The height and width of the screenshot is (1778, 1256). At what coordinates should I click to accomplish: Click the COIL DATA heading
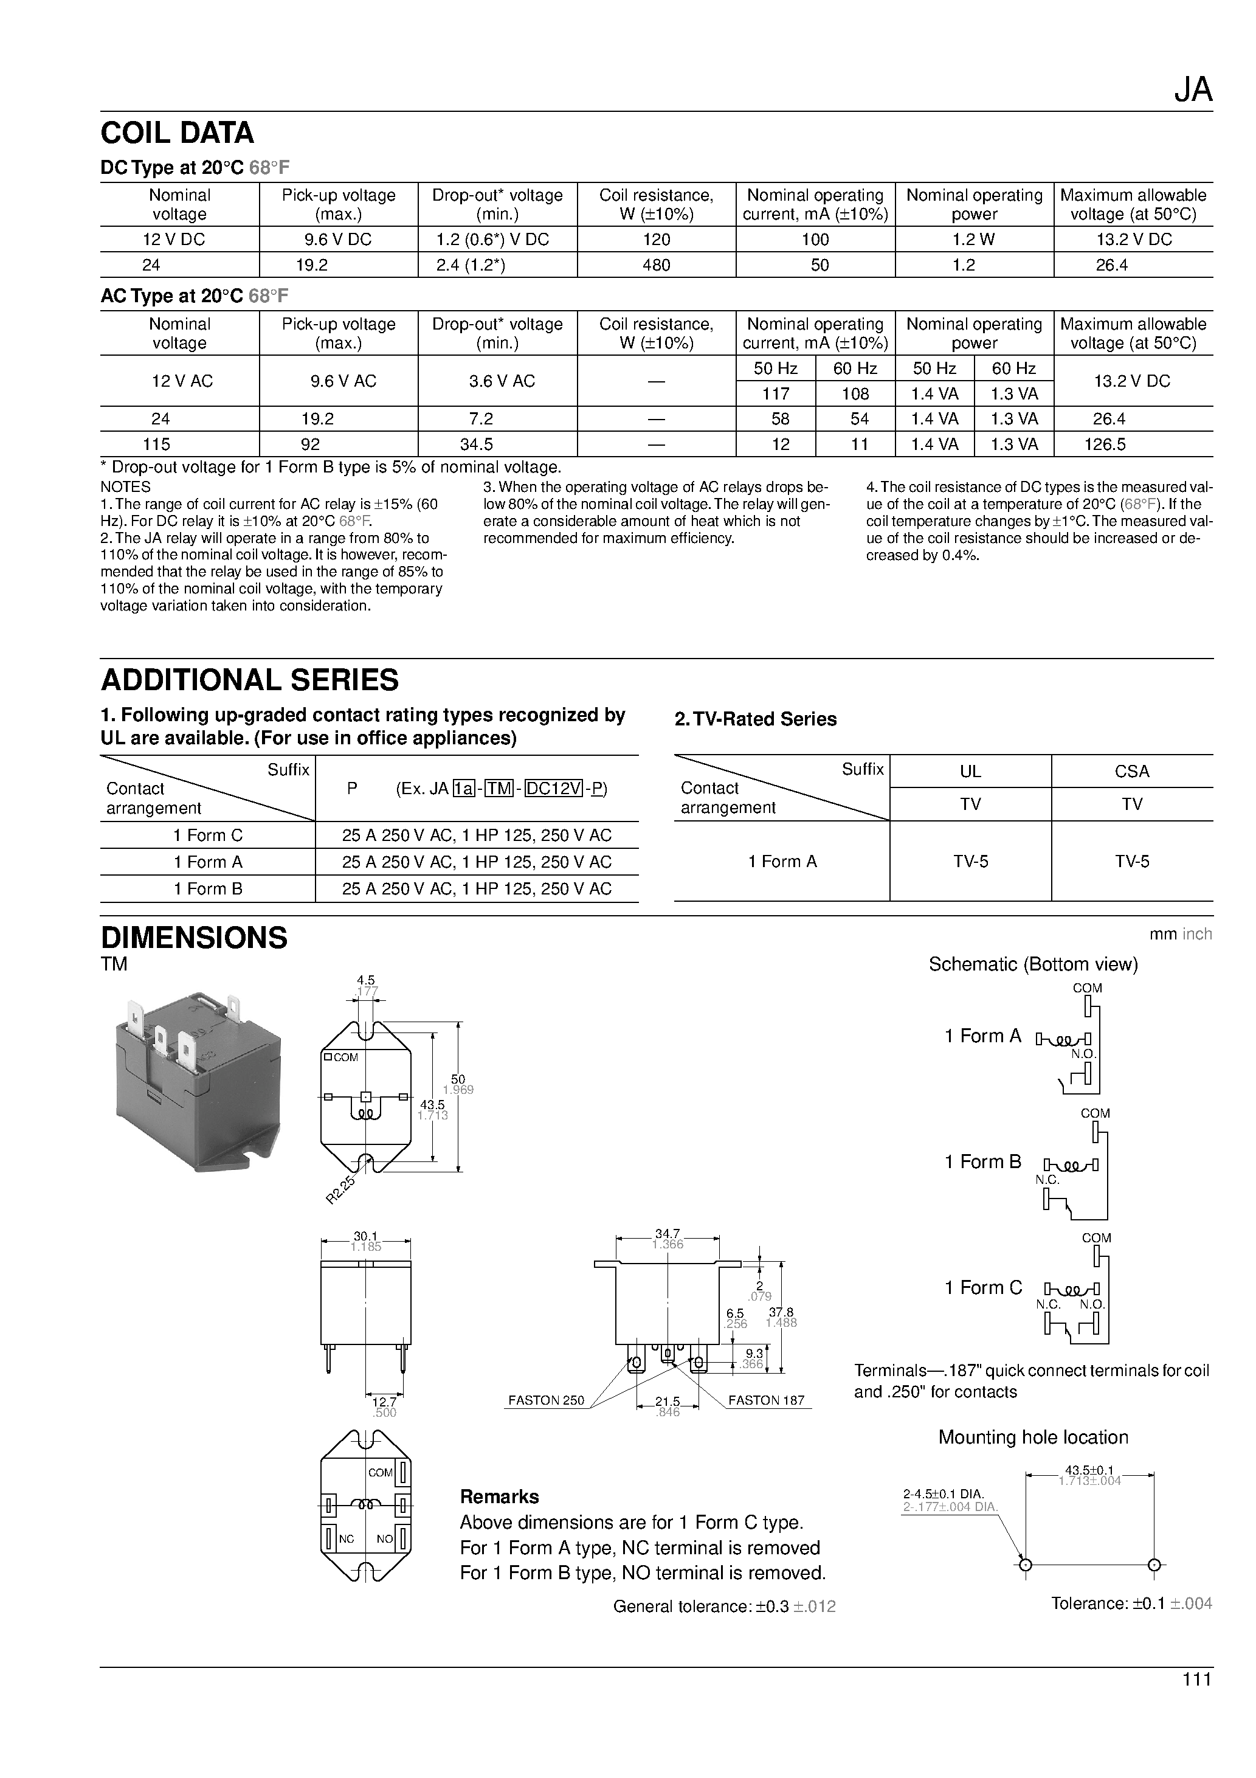(178, 133)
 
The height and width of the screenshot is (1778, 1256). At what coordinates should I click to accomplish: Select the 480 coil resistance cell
(656, 265)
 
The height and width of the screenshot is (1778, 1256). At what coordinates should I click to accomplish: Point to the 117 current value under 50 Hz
(775, 393)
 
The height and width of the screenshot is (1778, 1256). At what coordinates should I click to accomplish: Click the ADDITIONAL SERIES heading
(249, 680)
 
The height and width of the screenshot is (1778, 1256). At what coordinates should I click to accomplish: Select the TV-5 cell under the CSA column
(1132, 861)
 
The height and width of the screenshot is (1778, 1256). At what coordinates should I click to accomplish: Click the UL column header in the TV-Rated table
(970, 771)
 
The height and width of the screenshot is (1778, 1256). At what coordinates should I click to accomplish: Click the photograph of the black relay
(198, 1082)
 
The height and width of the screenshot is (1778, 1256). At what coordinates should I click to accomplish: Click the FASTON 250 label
(546, 1400)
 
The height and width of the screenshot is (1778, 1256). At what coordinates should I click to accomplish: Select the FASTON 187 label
(766, 1400)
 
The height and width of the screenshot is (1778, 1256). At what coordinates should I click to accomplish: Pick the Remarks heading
(500, 1496)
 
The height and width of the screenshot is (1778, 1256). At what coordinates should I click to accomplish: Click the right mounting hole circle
(1154, 1565)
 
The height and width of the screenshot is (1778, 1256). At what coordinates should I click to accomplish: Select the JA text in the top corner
(1193, 91)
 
